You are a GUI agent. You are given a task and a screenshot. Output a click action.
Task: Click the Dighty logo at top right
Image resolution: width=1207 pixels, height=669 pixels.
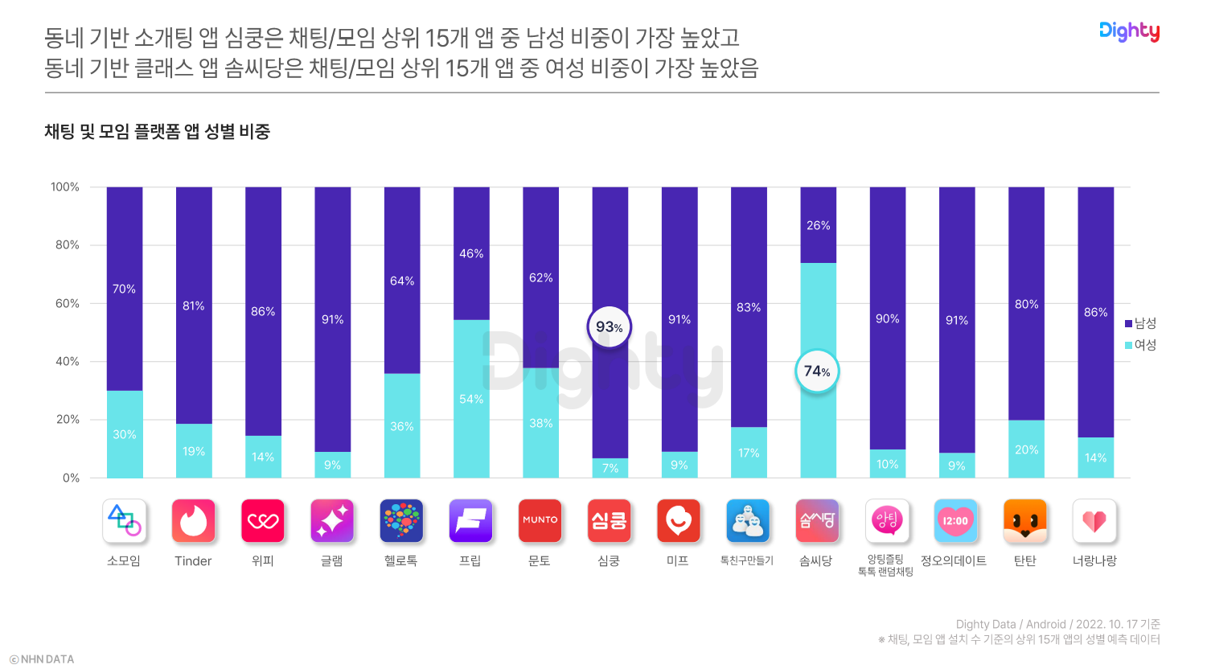(1129, 31)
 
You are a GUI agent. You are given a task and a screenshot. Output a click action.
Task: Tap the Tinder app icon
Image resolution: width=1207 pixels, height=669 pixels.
(193, 521)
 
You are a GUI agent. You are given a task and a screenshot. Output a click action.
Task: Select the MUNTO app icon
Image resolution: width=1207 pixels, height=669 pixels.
(540, 521)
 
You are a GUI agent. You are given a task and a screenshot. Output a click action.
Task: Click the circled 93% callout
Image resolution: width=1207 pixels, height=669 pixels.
(610, 327)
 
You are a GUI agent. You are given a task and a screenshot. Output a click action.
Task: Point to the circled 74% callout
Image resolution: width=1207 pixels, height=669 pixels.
(817, 371)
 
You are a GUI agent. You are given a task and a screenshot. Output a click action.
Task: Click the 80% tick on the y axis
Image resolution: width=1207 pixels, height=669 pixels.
(68, 245)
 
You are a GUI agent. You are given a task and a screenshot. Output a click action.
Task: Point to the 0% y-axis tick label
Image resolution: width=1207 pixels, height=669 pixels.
(71, 478)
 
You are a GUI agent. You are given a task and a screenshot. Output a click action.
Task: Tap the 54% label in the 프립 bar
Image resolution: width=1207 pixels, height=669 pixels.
(471, 399)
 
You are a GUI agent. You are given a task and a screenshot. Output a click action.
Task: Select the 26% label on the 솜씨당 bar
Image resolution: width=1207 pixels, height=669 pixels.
(819, 225)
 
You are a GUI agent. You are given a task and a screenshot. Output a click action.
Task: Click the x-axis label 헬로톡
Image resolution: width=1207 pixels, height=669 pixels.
(400, 560)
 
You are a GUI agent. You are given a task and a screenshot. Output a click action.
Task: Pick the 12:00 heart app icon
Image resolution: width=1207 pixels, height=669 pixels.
(955, 521)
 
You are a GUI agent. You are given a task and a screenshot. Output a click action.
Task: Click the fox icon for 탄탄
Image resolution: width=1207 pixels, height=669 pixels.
(1025, 521)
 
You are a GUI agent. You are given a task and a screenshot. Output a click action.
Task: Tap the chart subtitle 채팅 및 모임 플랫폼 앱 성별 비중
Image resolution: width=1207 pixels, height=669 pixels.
(158, 132)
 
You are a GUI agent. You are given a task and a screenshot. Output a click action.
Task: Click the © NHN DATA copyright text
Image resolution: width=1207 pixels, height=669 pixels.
(42, 659)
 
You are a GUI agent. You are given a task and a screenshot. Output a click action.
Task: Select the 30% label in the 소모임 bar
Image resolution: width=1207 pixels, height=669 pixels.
(125, 434)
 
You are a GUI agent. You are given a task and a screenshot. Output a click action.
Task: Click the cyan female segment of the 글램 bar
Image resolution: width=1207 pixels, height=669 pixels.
(332, 465)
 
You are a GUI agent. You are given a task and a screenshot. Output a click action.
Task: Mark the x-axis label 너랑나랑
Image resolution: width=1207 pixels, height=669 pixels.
(1094, 560)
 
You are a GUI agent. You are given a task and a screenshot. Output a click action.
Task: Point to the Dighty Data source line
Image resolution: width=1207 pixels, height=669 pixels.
(1057, 624)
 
